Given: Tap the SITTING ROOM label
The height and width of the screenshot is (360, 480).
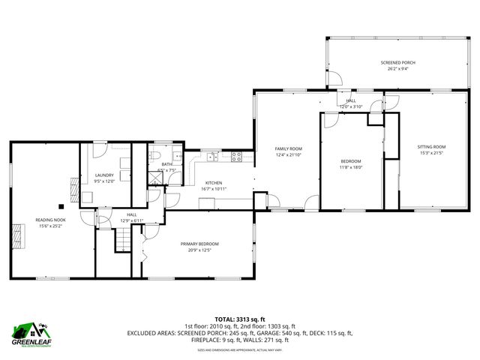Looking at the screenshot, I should pos(432,146).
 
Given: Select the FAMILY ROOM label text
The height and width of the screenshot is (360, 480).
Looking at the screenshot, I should pos(288,148).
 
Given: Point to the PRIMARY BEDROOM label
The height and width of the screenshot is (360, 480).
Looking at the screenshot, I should pos(199,244).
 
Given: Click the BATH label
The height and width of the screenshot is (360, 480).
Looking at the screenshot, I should pos(166,164).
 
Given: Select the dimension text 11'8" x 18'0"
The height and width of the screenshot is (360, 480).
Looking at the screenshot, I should pos(351,167).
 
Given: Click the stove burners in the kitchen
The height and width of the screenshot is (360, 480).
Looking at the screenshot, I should pos(236,157).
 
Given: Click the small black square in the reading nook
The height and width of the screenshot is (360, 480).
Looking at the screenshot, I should pos(61,205).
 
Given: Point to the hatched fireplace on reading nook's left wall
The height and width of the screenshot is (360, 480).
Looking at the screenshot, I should pos(16,239).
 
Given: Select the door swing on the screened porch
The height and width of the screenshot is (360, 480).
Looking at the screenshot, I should pos(335,77).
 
